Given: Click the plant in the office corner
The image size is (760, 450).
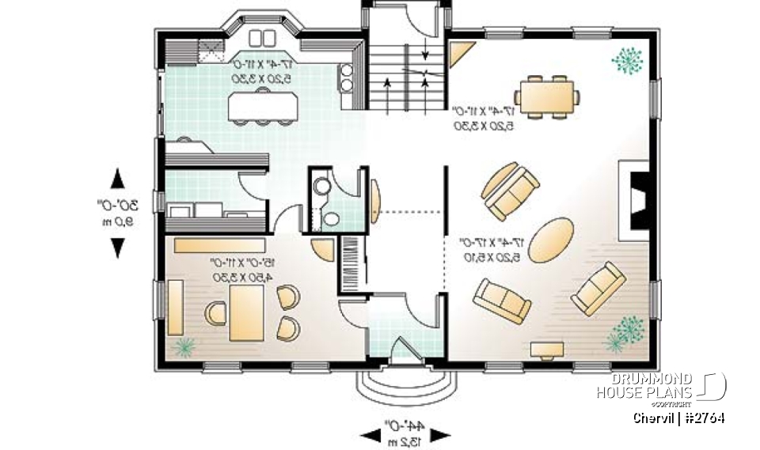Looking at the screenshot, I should point(184,346).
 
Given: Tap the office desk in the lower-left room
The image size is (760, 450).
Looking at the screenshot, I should point(246,312).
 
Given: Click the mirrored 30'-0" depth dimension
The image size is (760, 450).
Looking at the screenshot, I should point(116,212).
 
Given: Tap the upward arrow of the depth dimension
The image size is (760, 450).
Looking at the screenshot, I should point(117,177).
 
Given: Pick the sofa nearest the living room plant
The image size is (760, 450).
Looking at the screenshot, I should point(599,289).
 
